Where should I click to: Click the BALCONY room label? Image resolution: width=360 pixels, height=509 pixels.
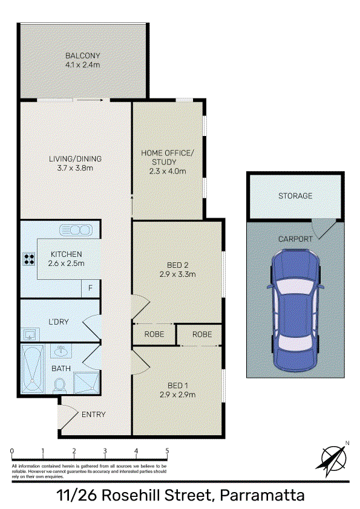(82, 56)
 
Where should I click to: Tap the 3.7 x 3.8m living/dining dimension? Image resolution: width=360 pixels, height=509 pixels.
(75, 168)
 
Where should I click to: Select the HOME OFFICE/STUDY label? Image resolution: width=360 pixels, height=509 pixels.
(167, 157)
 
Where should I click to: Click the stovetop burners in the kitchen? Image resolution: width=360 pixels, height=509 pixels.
(29, 259)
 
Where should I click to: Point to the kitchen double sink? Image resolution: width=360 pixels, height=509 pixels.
(76, 230)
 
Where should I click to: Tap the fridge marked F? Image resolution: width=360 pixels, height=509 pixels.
(90, 288)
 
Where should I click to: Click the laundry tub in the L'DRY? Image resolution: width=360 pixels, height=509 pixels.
(30, 334)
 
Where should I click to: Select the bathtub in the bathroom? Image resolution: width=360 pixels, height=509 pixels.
(33, 369)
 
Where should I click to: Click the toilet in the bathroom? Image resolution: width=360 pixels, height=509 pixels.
(60, 386)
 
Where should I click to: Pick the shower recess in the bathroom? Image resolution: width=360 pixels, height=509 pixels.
(87, 383)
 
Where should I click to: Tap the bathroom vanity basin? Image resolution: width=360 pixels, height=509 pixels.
(61, 351)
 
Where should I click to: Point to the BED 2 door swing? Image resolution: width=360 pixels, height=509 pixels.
(141, 307)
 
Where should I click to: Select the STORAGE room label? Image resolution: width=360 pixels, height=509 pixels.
(295, 196)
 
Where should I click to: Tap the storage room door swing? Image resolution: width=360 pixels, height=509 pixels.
(323, 229)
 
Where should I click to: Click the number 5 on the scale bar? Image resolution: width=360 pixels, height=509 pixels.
(168, 450)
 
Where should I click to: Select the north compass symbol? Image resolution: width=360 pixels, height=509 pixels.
(332, 458)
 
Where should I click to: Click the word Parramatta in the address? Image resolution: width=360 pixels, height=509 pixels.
(262, 495)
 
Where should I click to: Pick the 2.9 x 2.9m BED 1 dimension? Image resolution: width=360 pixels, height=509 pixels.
(177, 394)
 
